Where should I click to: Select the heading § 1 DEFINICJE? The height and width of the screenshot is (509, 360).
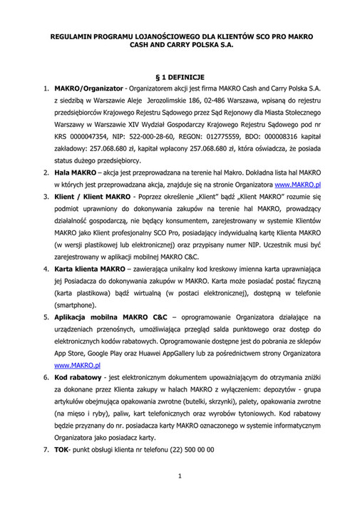point(180,75)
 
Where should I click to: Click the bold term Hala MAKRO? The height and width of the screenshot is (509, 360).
point(74,173)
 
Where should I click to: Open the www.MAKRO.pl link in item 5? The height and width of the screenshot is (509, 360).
point(77,364)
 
